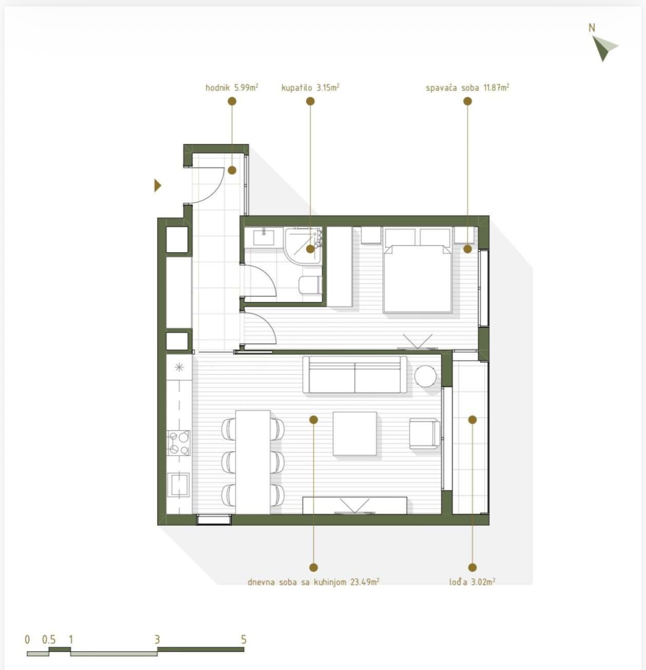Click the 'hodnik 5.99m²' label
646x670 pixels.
(231, 87)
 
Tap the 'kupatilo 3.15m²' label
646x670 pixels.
(310, 87)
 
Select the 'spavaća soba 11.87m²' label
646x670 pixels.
(467, 87)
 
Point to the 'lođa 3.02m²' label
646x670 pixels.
(472, 582)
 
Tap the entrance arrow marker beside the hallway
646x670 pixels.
(157, 185)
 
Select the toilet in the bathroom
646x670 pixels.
(310, 284)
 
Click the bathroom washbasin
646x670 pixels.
(264, 237)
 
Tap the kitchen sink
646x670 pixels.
(178, 485)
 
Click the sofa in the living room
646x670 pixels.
(355, 374)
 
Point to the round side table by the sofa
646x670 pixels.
(425, 376)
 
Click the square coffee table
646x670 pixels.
(355, 433)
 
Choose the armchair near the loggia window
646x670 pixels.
(425, 433)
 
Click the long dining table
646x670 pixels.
(253, 462)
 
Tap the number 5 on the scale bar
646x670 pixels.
(244, 640)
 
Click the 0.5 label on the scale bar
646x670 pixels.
(49, 640)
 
